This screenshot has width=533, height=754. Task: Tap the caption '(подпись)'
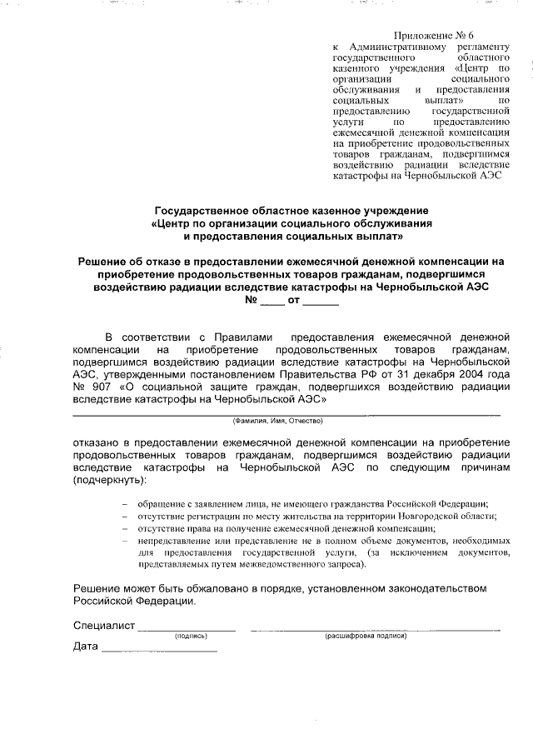[x=190, y=637]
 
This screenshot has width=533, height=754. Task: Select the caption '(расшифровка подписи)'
[x=366, y=637]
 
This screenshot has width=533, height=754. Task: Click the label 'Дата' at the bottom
[x=86, y=647]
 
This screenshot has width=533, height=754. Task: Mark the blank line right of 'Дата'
[x=159, y=649]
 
